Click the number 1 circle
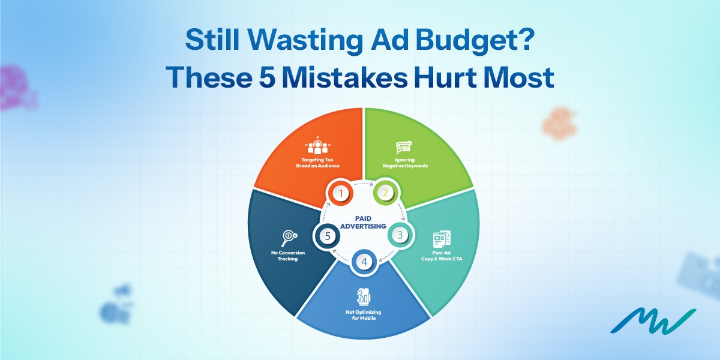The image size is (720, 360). (341, 193)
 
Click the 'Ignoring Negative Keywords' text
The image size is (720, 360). (406, 163)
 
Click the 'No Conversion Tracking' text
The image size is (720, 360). (289, 256)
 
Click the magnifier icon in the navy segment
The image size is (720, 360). (289, 237)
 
